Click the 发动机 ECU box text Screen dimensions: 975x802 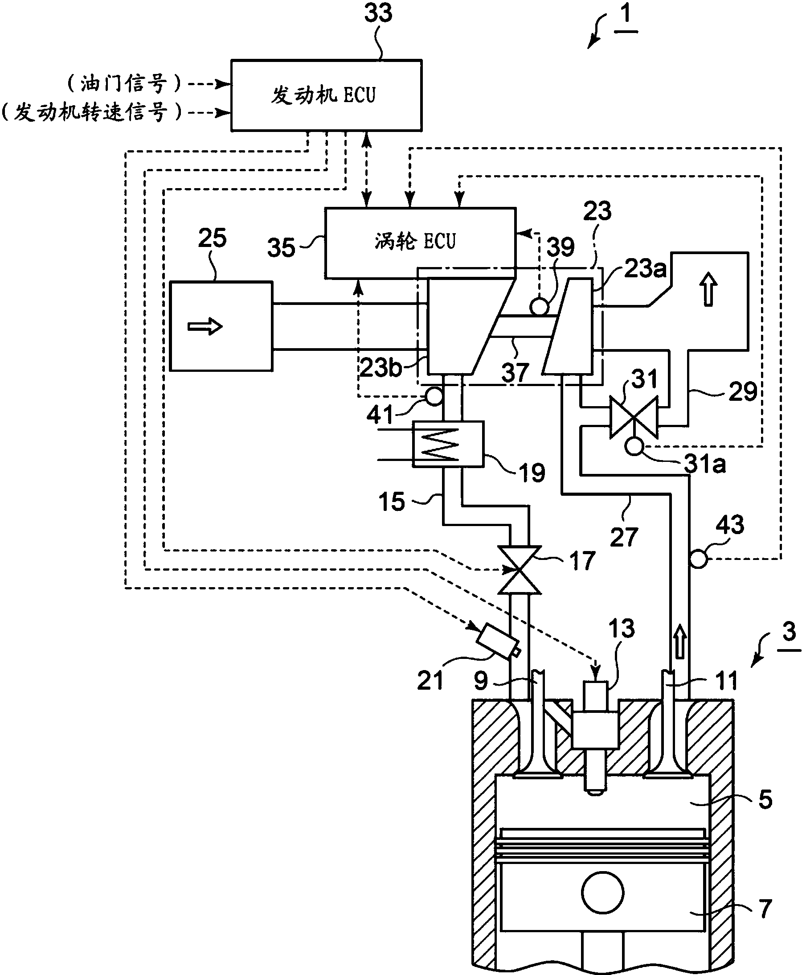click(323, 96)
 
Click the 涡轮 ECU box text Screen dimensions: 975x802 click(415, 242)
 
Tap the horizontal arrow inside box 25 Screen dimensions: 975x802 click(205, 327)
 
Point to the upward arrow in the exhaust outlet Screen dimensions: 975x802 click(708, 289)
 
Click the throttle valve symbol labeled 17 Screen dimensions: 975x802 click(519, 570)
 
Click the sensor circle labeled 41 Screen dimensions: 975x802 click(434, 396)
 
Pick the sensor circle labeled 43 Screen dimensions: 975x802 click(698, 559)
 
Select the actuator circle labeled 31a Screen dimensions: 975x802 click(634, 447)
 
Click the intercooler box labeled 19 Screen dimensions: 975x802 click(448, 444)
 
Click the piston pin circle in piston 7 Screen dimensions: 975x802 click(603, 892)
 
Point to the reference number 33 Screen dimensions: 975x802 click(378, 13)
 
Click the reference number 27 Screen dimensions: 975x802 click(624, 538)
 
